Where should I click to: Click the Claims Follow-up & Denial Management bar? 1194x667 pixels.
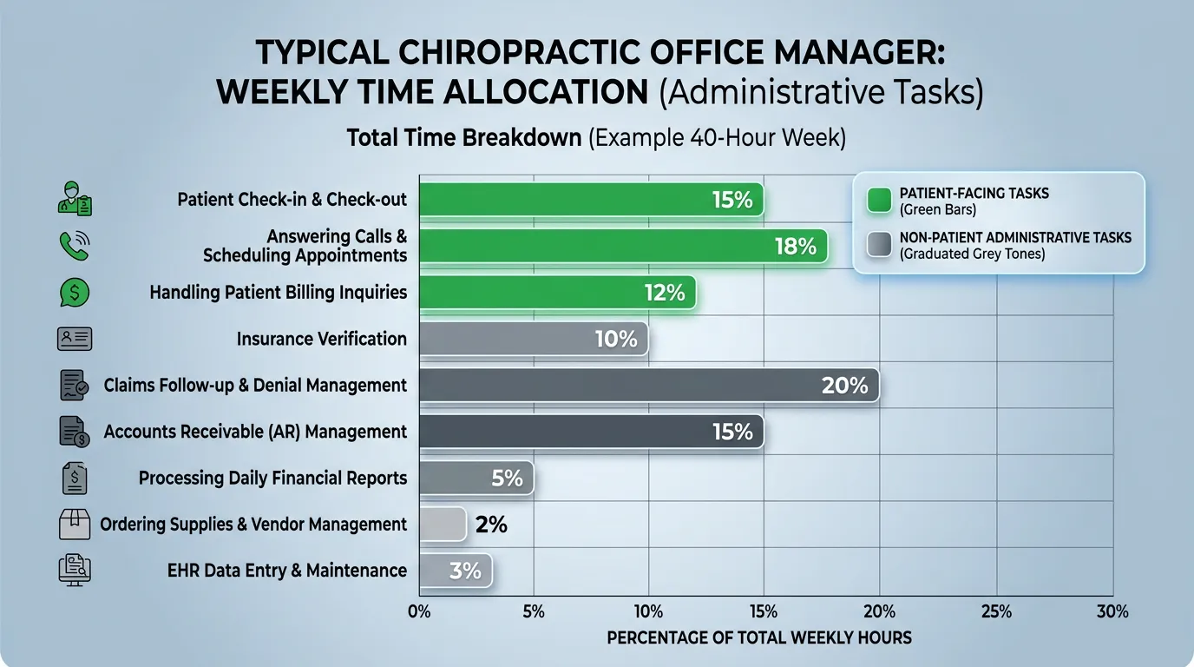648,385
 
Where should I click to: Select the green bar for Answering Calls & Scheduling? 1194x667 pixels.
622,247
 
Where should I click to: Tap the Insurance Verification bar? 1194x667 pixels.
533,339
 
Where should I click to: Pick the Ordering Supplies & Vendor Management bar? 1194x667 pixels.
443,525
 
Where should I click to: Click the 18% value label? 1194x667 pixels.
795,247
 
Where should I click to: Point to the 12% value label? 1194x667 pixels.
665,293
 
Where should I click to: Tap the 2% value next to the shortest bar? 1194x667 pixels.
491,525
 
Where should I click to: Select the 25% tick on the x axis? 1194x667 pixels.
996,611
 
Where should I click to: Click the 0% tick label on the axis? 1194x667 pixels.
419,611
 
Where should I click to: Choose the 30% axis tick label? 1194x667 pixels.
1112,611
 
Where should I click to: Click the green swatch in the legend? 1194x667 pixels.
879,200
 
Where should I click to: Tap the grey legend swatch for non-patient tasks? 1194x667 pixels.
879,245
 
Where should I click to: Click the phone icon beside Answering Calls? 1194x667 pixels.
75,246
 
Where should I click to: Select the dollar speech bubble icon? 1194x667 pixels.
75,293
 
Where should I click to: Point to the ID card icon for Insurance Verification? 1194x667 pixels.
75,339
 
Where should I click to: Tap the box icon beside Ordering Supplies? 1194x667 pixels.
75,524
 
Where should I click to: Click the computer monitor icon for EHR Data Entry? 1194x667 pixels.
75,571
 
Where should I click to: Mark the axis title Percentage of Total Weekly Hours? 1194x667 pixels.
759,638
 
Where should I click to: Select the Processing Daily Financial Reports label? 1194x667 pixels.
272,478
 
